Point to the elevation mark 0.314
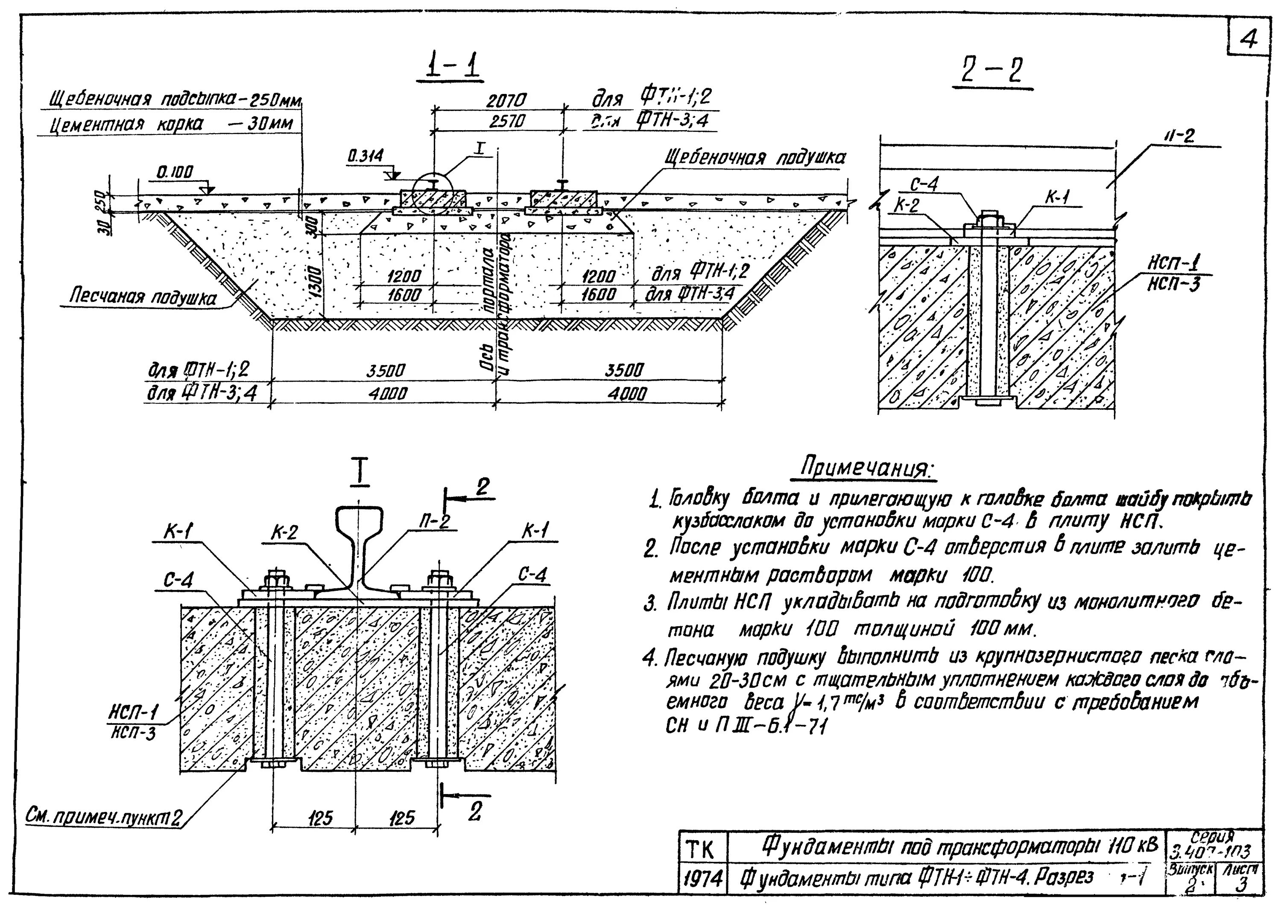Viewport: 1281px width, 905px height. click(366, 157)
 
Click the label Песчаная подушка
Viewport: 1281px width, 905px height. click(142, 297)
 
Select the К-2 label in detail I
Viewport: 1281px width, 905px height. click(284, 533)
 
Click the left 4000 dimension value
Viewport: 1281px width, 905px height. click(387, 394)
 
